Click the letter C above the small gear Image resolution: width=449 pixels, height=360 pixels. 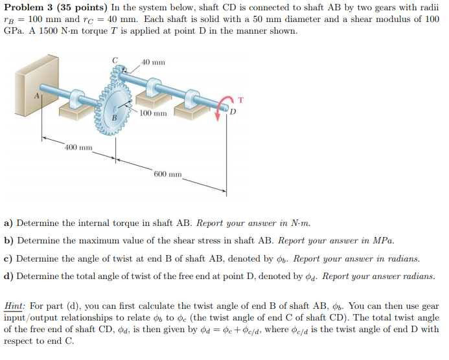click(115, 60)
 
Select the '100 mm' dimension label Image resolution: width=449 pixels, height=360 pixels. click(154, 113)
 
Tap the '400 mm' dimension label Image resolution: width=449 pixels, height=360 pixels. click(78, 148)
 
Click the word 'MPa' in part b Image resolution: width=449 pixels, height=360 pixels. click(382, 241)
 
